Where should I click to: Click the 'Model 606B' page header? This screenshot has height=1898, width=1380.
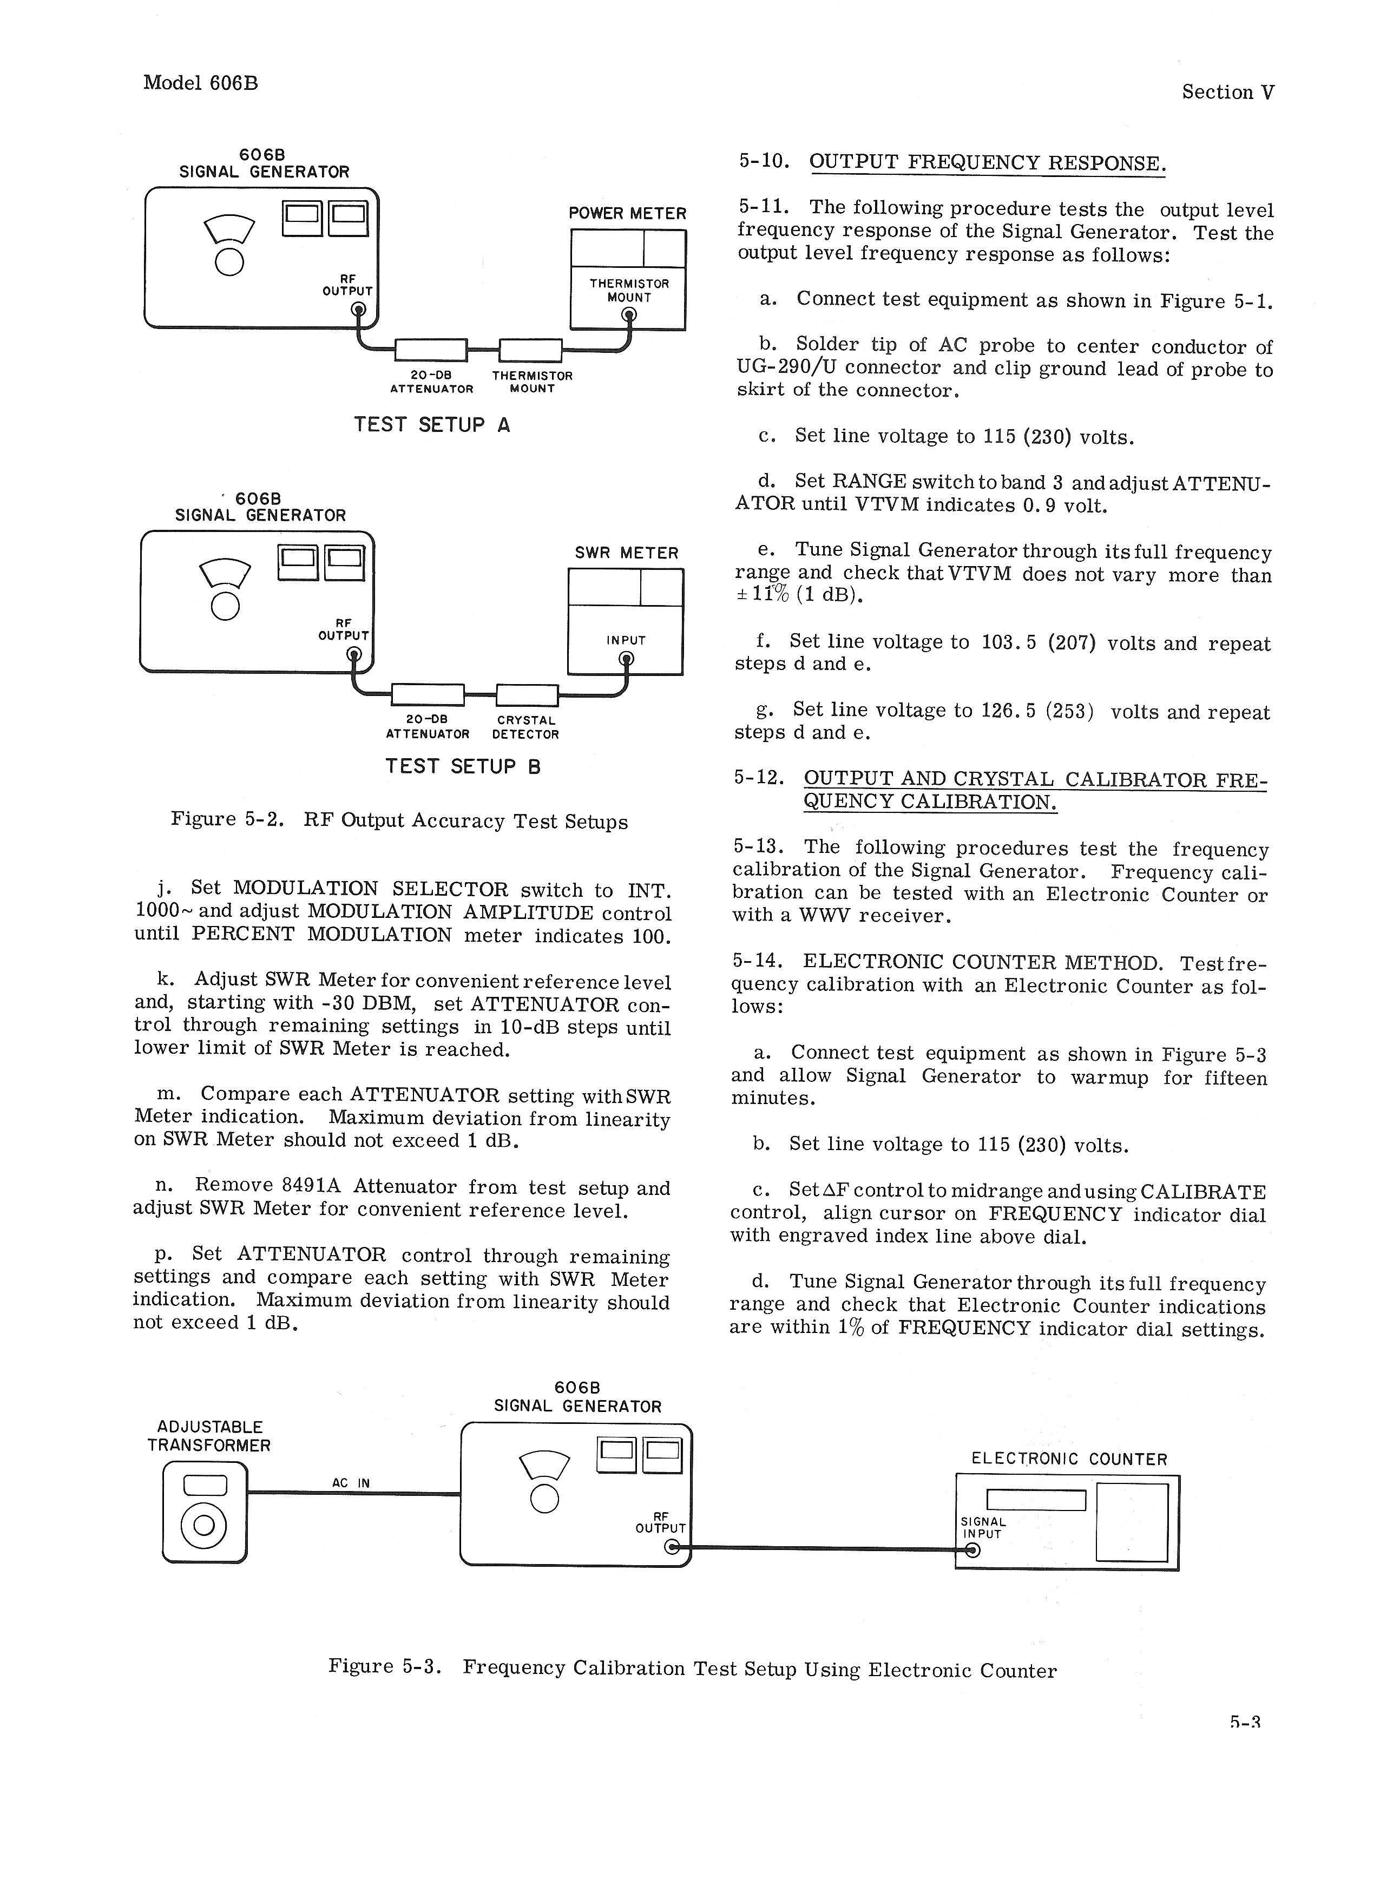[200, 83]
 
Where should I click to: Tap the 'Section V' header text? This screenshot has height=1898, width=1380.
[1228, 92]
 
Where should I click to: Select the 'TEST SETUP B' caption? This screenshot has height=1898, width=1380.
[463, 766]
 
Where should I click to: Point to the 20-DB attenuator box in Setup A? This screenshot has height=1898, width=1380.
[430, 350]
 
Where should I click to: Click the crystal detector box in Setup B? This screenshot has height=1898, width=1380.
[527, 694]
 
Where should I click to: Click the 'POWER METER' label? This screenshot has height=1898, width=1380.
[627, 213]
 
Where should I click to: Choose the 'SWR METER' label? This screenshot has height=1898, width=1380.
[626, 553]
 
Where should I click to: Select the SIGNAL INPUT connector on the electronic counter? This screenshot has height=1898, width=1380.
[971, 1550]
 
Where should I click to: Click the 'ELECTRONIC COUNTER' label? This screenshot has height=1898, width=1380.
[1069, 1460]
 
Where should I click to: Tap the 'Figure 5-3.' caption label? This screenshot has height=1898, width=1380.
[384, 1666]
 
